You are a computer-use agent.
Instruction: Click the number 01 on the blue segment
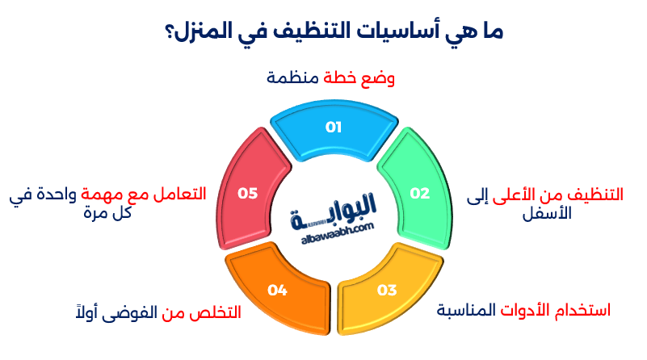point(334,128)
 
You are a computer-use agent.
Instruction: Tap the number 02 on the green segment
point(419,193)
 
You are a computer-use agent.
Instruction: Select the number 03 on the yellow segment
point(387,290)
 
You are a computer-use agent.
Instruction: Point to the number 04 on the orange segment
point(277,290)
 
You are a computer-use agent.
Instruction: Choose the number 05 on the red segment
point(247,193)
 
